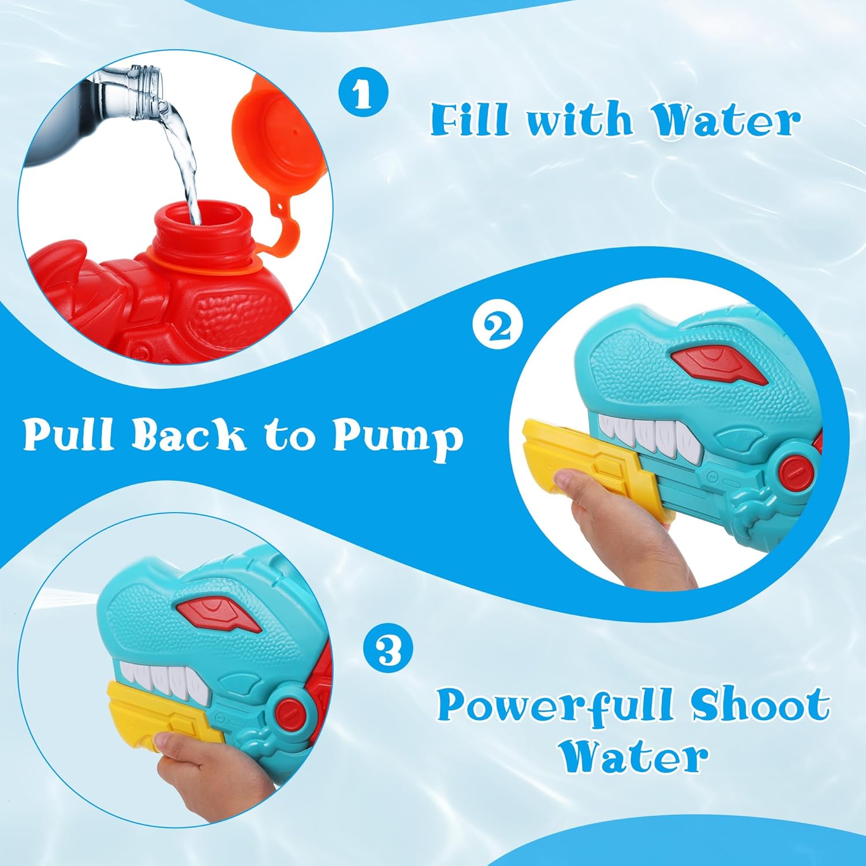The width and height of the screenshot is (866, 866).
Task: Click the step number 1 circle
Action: [363, 93]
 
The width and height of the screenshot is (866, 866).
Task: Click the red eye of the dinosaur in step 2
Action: [719, 364]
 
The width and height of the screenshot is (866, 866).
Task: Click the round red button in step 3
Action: [288, 710]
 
